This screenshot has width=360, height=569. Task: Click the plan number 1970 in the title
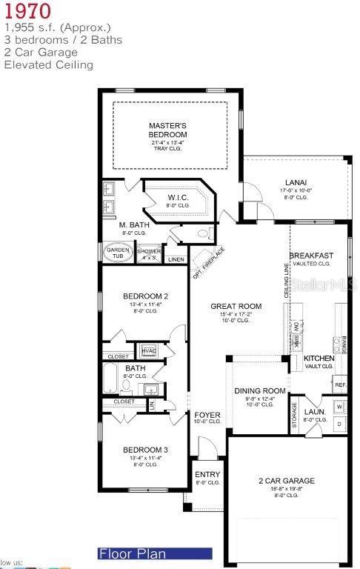click(x=27, y=12)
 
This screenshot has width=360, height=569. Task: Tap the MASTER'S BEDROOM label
click(x=167, y=130)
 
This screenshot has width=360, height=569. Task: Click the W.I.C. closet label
click(x=178, y=197)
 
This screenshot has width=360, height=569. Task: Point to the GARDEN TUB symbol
click(x=118, y=252)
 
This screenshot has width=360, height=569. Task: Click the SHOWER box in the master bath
click(x=149, y=253)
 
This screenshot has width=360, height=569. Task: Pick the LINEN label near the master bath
click(x=176, y=259)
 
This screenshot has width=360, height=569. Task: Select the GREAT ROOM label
click(x=236, y=306)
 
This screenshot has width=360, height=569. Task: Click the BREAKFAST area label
click(x=311, y=256)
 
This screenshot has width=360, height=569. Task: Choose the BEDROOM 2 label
click(x=144, y=296)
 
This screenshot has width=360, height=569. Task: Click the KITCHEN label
click(x=319, y=359)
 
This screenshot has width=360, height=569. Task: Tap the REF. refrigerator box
click(x=340, y=385)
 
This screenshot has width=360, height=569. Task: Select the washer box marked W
click(x=339, y=407)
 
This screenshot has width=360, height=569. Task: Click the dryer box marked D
click(x=339, y=425)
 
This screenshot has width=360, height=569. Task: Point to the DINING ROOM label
click(x=260, y=391)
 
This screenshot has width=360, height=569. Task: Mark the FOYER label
click(x=207, y=415)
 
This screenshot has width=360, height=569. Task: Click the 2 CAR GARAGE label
click(x=286, y=481)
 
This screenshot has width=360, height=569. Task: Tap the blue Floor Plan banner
click(x=155, y=553)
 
